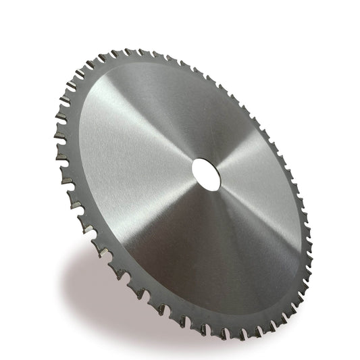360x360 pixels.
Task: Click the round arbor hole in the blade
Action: tap(205, 174)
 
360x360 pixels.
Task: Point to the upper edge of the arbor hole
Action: tap(206, 160)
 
